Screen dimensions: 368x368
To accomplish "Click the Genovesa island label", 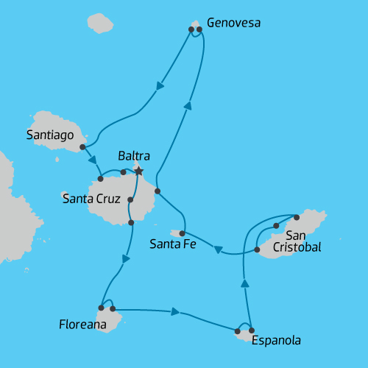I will pyautogui.click(x=234, y=23).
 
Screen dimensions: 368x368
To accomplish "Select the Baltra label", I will pyautogui.click(x=134, y=156).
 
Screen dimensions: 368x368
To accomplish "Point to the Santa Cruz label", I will pyautogui.click(x=91, y=197).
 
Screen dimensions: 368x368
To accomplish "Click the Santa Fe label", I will pyautogui.click(x=172, y=244).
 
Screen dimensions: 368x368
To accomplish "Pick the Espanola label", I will pyautogui.click(x=276, y=341).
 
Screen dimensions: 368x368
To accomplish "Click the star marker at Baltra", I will pyautogui.click(x=138, y=171).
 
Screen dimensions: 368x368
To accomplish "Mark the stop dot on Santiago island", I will pyautogui.click(x=82, y=147).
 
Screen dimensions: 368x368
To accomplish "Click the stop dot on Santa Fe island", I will pyautogui.click(x=182, y=233).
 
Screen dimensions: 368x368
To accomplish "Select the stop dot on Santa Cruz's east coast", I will pyautogui.click(x=157, y=191).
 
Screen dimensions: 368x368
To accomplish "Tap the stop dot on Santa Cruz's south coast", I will pyautogui.click(x=130, y=222).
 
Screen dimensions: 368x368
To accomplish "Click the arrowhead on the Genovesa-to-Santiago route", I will pyautogui.click(x=160, y=86).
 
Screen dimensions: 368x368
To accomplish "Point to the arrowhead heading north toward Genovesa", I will pyautogui.click(x=188, y=106).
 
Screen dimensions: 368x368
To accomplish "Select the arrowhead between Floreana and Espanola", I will pyautogui.click(x=175, y=312).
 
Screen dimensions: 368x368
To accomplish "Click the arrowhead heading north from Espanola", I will pyautogui.click(x=245, y=283).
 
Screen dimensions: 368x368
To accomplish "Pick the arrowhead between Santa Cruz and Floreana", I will pyautogui.click(x=127, y=259).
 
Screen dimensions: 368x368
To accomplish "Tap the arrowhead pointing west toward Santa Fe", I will pyautogui.click(x=219, y=251).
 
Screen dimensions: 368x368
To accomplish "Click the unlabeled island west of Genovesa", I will pyautogui.click(x=101, y=23).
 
